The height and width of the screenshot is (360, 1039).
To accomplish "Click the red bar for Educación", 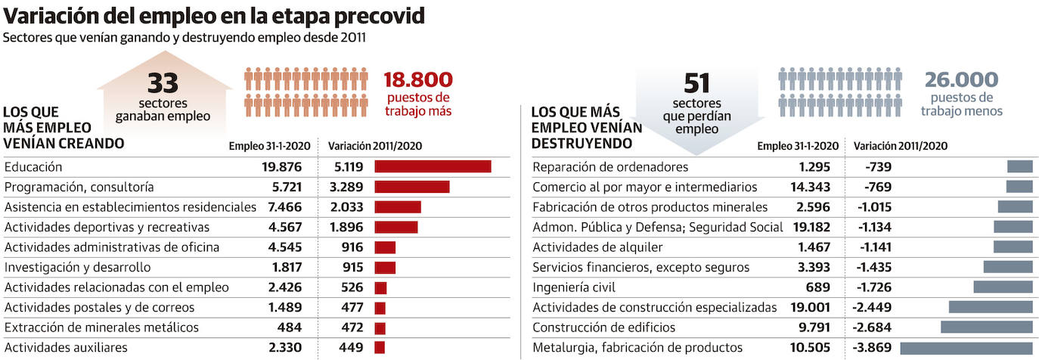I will click(x=433, y=166).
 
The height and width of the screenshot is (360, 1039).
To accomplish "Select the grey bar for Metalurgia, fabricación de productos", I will click(x=966, y=348).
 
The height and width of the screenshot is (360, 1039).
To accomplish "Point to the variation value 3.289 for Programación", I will click(x=346, y=187).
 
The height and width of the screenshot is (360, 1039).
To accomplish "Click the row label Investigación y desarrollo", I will click(x=77, y=267).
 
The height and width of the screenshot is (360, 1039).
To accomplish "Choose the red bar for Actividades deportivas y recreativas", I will click(x=395, y=227).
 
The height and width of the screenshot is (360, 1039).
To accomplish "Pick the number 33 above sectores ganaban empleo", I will click(x=163, y=82).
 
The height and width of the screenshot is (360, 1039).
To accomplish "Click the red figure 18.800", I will click(x=418, y=79).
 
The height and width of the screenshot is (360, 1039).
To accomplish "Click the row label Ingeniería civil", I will click(x=574, y=287).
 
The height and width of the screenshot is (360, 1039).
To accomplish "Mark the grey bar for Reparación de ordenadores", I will click(x=1019, y=166).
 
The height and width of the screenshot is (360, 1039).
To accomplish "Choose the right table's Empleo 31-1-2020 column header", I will click(x=798, y=146).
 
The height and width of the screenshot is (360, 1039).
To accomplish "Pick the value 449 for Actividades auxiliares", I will click(x=352, y=348).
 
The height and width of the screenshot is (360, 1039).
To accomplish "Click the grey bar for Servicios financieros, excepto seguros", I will click(x=1007, y=267).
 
